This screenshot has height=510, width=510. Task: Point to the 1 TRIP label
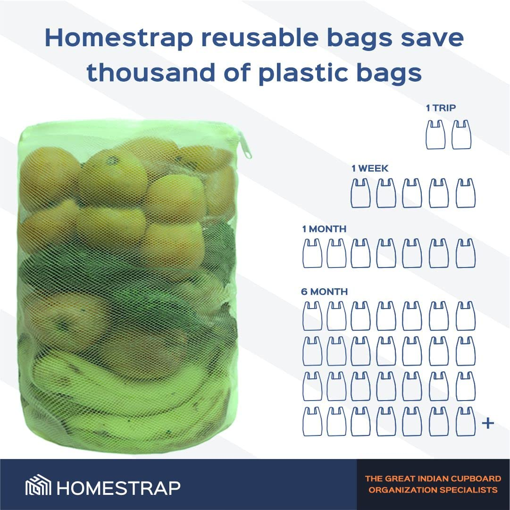441,108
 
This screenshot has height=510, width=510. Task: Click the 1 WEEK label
370,168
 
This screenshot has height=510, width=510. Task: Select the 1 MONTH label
324,229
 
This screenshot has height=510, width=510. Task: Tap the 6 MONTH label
324,292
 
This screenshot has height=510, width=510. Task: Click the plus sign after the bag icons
488,423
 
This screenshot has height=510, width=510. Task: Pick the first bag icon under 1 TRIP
435,135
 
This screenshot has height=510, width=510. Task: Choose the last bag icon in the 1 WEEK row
466,193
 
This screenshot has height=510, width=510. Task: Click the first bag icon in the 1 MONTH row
312,253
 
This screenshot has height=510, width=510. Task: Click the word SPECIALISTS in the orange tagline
470,490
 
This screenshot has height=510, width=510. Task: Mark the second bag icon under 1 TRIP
462,135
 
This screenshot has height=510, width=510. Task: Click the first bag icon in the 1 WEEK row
360,193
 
